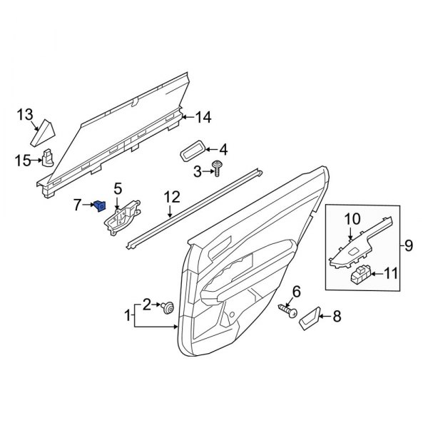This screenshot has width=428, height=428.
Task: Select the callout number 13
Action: [26, 114]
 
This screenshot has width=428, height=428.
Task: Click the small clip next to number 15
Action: [49, 157]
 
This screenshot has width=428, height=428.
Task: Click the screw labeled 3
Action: [217, 170]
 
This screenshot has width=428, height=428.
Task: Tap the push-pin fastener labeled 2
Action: [168, 307]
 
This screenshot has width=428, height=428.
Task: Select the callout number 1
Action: [129, 315]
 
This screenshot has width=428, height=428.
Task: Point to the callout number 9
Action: [409, 246]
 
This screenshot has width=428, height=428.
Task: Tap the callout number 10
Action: [354, 218]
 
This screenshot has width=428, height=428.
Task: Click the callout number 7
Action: [78, 205]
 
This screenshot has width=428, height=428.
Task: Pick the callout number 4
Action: [223, 150]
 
